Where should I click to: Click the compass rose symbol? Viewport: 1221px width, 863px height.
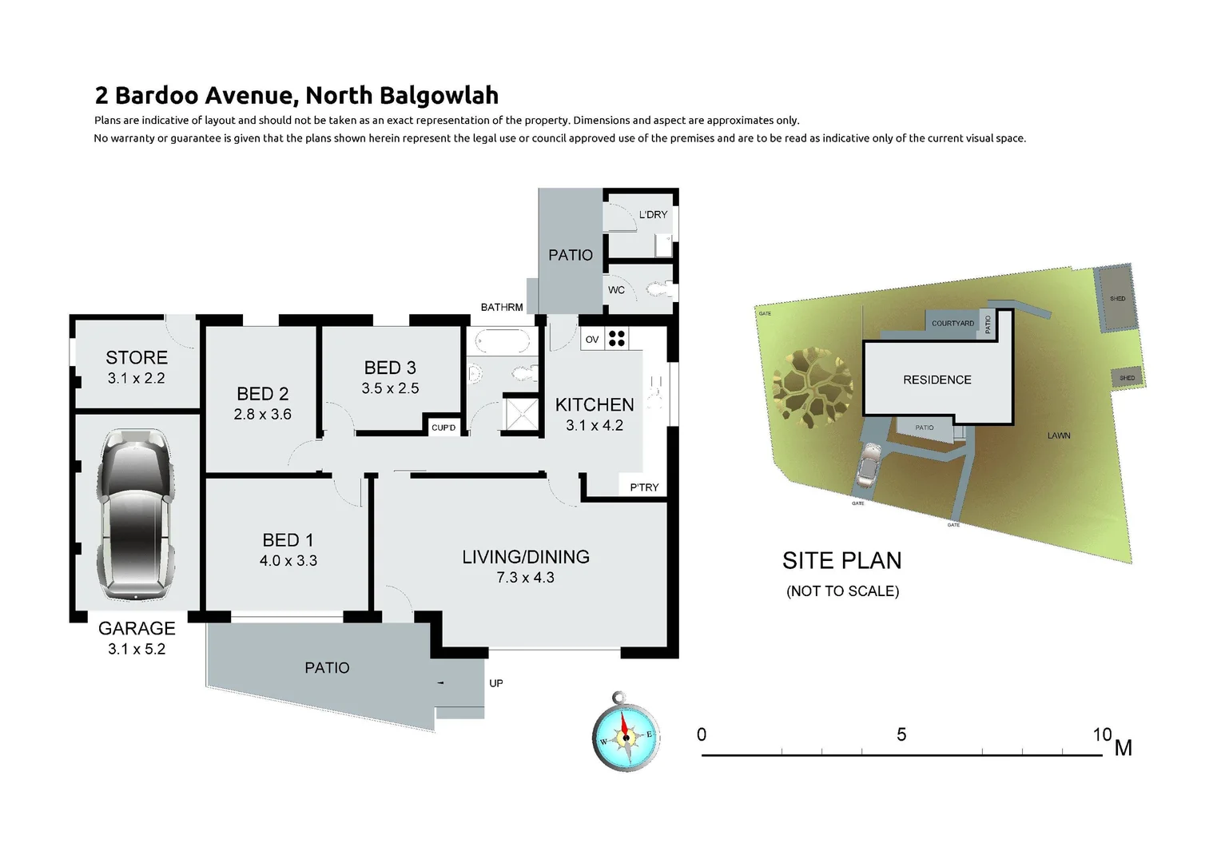click(626, 732)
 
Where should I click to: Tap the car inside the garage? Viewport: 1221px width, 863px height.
click(137, 514)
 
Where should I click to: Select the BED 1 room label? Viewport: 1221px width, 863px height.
click(288, 540)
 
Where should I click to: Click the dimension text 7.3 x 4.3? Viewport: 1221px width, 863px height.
click(525, 578)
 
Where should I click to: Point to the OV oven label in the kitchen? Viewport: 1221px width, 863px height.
click(592, 340)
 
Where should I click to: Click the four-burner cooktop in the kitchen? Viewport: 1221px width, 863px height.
click(616, 339)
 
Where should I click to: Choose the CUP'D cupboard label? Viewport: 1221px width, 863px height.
click(443, 428)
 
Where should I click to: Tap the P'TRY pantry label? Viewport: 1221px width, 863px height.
click(644, 487)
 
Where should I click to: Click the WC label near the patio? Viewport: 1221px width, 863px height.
click(616, 290)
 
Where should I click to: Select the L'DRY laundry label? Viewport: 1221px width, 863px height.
click(653, 215)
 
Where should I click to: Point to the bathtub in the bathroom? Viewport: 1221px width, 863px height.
click(502, 342)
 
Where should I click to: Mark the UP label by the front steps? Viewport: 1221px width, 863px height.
click(496, 683)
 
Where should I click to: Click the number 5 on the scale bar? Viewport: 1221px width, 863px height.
click(901, 734)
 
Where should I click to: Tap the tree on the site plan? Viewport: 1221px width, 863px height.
click(813, 388)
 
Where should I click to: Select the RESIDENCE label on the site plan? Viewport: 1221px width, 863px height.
click(937, 380)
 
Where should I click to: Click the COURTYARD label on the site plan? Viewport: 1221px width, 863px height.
click(953, 324)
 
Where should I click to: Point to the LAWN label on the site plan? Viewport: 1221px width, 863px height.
click(1059, 435)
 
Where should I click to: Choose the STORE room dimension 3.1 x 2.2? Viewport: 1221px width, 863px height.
click(136, 379)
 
